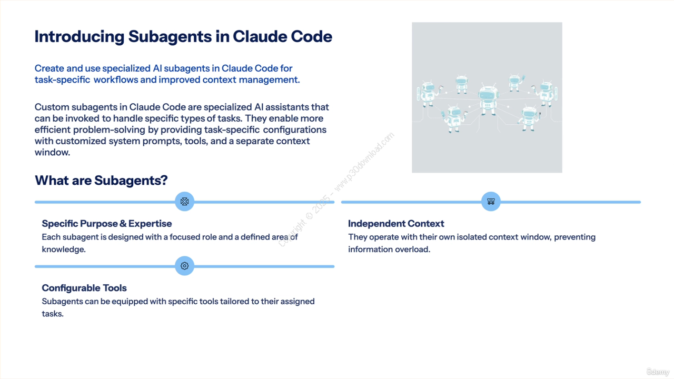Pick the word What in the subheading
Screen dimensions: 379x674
52,181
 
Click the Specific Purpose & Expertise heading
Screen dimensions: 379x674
106,224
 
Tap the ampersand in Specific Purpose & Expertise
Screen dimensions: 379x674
123,224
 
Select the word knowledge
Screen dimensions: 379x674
63,250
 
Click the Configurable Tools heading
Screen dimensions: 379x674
84,288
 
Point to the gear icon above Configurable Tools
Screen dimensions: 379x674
184,266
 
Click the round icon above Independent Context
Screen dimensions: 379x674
491,201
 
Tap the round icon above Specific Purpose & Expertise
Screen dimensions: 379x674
184,201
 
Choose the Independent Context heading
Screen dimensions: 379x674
396,224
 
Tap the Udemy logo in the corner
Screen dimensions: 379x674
658,372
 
